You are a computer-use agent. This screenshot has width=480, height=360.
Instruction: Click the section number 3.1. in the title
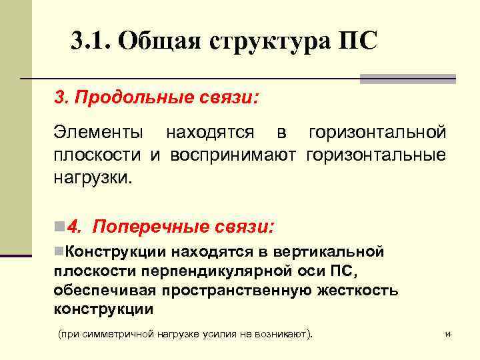[91, 42]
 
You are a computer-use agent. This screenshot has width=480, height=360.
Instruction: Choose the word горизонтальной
[377, 132]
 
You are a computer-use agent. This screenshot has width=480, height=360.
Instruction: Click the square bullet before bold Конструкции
[58, 251]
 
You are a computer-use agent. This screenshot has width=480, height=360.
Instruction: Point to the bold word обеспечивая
[107, 291]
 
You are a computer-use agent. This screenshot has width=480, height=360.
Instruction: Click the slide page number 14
[447, 333]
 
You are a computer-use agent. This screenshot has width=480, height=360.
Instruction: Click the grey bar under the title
[407, 79]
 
